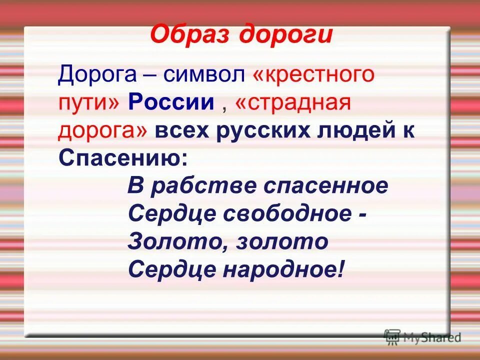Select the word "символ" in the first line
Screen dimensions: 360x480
tap(206, 75)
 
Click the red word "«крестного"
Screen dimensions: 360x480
tap(313, 75)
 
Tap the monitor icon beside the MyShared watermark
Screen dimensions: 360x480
tap(392, 336)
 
